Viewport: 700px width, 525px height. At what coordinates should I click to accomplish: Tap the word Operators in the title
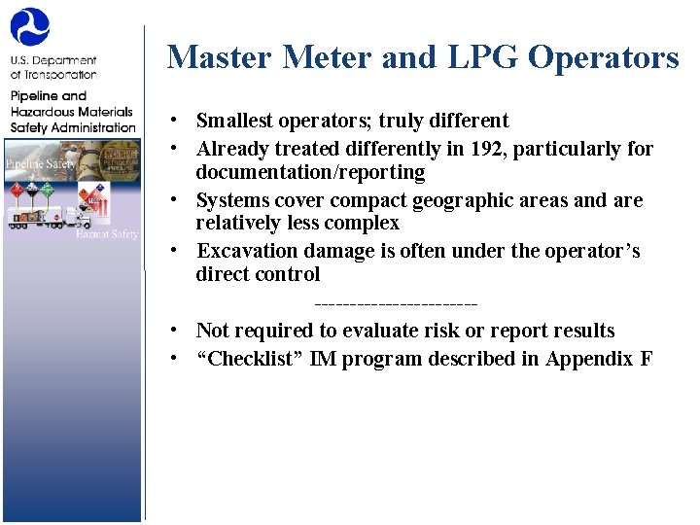[603, 58]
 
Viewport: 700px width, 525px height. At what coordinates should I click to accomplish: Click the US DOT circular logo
[29, 26]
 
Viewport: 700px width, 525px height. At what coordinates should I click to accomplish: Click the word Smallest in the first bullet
[235, 121]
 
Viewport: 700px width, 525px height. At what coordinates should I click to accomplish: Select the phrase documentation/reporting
[310, 172]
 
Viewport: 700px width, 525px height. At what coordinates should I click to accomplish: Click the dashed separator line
[397, 305]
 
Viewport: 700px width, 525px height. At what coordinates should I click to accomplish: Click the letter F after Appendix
[647, 359]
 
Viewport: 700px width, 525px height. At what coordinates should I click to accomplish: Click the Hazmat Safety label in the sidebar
[107, 234]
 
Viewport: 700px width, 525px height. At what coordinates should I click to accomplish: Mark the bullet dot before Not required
[170, 331]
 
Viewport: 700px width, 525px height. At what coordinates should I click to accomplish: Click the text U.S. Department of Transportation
[53, 67]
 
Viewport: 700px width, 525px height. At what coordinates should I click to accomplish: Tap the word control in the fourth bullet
[288, 274]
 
